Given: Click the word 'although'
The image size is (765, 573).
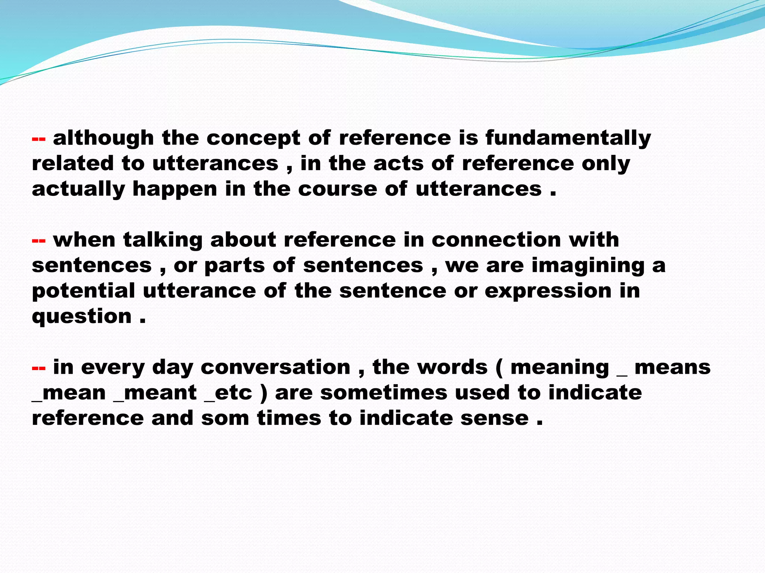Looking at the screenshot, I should click(x=103, y=138).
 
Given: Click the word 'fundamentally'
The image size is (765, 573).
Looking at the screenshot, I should click(x=568, y=138).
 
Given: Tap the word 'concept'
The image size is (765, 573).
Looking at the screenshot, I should click(x=253, y=139).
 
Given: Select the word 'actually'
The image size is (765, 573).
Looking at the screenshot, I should click(x=78, y=189).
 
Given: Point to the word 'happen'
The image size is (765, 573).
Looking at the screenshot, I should click(x=175, y=189).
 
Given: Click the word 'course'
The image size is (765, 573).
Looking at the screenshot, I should click(x=338, y=189).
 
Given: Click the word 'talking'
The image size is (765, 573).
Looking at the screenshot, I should click(x=163, y=240).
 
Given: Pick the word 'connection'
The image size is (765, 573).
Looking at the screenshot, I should click(x=496, y=239).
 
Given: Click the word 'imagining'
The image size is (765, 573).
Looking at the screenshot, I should click(x=588, y=266).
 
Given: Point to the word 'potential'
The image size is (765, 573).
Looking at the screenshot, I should click(x=83, y=291).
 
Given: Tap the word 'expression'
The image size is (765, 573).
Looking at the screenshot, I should click(x=548, y=291).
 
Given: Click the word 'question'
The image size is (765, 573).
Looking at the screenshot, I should click(x=82, y=317).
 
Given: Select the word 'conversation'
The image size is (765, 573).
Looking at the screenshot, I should click(x=276, y=367).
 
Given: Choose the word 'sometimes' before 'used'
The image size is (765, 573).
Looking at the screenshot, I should click(x=384, y=393).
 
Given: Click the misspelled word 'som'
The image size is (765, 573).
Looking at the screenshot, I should click(x=225, y=418).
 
